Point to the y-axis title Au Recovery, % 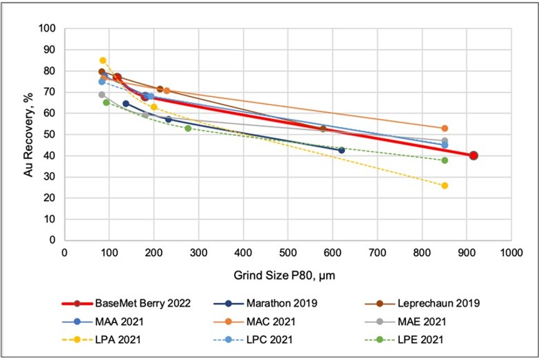(x=28, y=134)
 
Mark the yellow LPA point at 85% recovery (x=103, y=61)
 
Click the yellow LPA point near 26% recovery (x=444, y=185)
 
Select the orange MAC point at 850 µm (x=444, y=128)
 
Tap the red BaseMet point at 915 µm (x=474, y=156)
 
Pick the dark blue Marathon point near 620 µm (x=341, y=150)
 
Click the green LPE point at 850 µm (x=444, y=160)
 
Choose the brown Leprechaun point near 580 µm (x=323, y=129)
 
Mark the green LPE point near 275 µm (x=188, y=128)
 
